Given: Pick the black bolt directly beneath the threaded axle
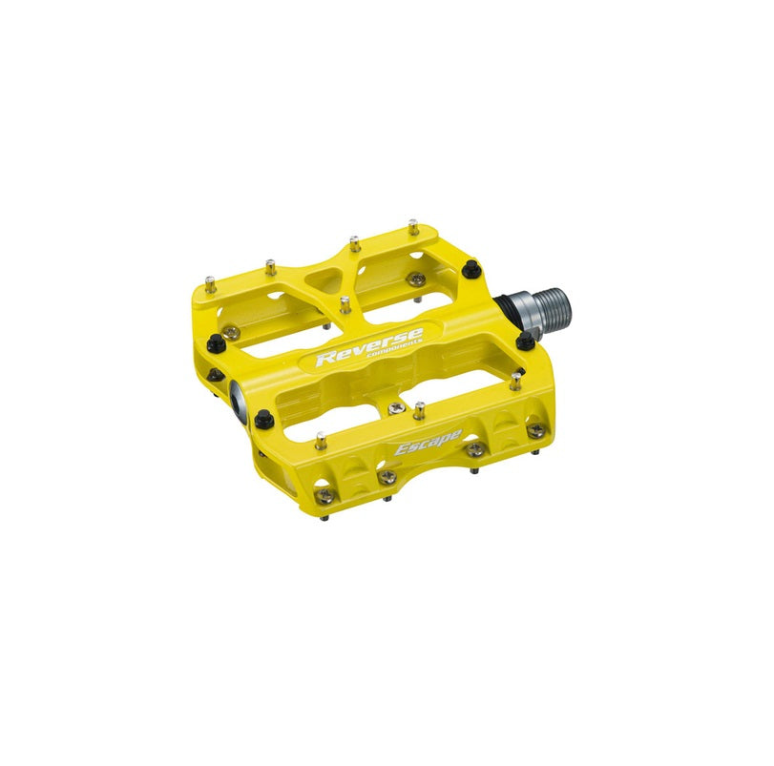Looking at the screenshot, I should (524, 341).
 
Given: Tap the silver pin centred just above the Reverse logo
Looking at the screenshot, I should (345, 306).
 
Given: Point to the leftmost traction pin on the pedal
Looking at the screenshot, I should (209, 283).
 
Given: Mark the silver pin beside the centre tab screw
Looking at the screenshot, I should (419, 412).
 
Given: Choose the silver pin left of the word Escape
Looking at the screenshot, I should (321, 440).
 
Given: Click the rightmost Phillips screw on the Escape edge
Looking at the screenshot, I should (536, 431).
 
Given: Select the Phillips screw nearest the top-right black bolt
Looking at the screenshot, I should (417, 279).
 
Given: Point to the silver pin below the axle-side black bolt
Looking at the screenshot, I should (515, 382).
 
